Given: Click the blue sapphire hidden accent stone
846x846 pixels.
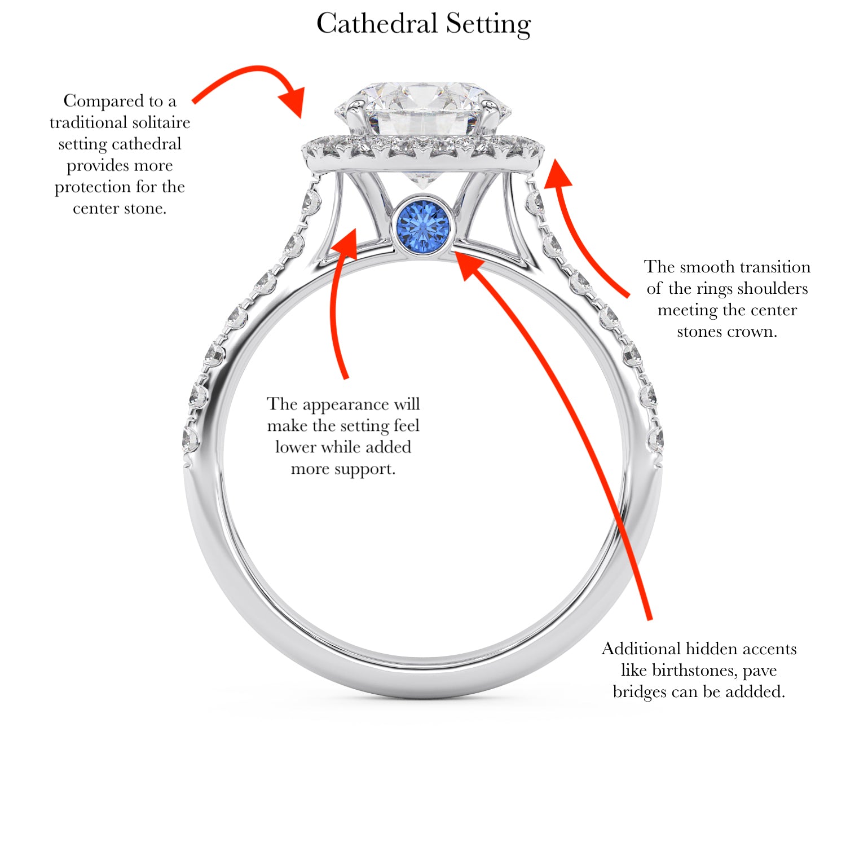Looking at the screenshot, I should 423,225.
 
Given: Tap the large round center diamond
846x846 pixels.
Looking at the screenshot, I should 423,110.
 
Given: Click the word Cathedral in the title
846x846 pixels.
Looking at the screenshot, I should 377,24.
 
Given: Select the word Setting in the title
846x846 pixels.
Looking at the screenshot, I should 488,24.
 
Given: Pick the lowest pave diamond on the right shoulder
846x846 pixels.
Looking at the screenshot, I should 655,439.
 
